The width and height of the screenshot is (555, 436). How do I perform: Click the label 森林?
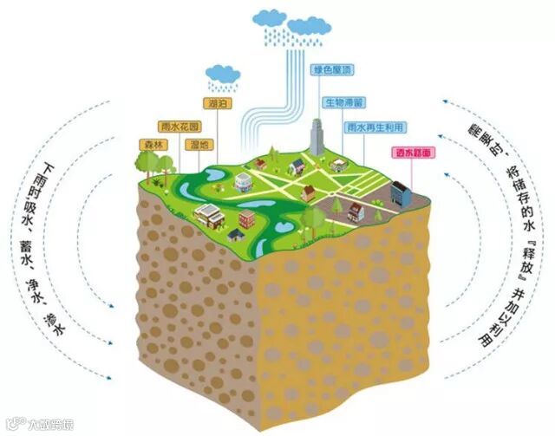[152, 145]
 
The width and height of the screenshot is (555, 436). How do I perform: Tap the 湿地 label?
[198, 144]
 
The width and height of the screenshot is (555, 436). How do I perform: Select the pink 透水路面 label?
[411, 153]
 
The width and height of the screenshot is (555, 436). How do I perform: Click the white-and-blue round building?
[243, 180]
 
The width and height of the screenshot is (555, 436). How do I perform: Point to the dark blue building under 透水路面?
[402, 192]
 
